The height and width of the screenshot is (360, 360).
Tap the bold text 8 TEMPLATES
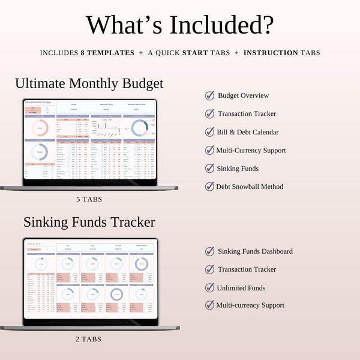(107, 53)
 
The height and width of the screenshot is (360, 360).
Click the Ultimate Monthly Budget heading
(89, 83)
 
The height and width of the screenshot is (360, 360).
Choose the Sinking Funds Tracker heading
(89, 222)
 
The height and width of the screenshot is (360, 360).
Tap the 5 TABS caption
(89, 199)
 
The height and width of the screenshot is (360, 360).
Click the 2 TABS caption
(89, 339)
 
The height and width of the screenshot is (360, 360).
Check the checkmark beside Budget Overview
(209, 95)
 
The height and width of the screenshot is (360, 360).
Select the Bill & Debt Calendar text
(248, 132)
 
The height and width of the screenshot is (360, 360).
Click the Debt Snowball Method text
(250, 187)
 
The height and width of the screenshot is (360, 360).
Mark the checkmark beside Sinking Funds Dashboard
(209, 251)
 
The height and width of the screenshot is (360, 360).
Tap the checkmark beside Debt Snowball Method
(209, 187)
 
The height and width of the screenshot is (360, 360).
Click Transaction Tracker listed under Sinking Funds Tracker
(247, 269)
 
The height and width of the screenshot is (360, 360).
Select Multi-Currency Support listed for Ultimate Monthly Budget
(252, 150)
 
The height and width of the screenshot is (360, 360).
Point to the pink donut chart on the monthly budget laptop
(40, 127)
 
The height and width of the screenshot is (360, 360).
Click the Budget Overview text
(243, 95)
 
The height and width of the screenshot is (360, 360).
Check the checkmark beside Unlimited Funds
(209, 287)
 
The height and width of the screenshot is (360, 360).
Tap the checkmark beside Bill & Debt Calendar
(209, 132)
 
